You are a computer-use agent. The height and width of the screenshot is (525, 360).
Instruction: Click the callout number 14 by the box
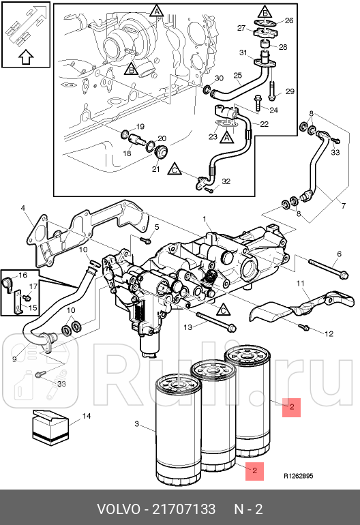tap(87, 415)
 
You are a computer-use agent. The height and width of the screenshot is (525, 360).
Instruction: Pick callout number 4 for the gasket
tap(22, 208)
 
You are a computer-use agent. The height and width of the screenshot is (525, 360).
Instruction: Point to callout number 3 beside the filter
tap(136, 424)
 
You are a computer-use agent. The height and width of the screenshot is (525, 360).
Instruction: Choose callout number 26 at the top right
tap(288, 21)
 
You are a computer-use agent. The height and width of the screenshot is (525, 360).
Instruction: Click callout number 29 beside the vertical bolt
tap(289, 92)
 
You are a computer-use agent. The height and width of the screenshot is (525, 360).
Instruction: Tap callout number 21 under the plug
tap(155, 169)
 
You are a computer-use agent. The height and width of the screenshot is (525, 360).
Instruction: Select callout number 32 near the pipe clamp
tap(226, 181)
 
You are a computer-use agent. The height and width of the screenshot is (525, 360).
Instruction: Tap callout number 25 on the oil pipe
tap(238, 75)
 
